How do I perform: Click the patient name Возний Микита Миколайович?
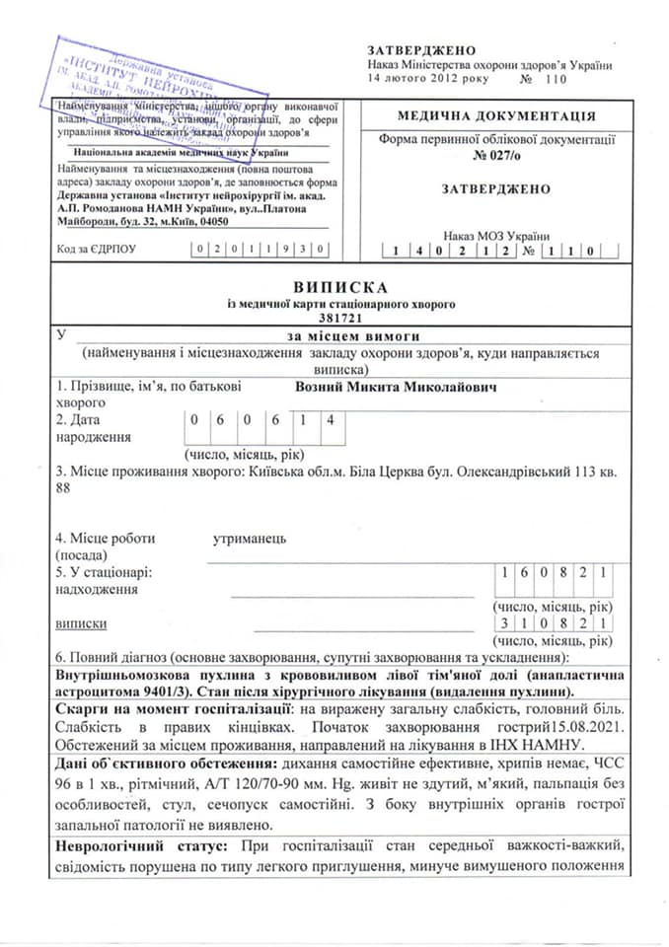(395, 387)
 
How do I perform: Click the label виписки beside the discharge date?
(82, 623)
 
